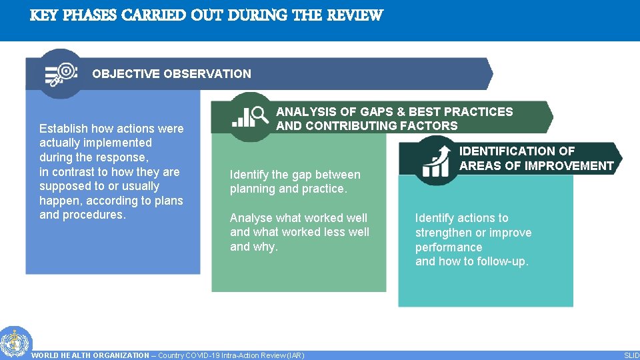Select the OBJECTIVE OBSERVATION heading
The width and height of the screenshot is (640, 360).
[171, 74]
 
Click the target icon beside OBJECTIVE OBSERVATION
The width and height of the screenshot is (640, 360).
[61, 73]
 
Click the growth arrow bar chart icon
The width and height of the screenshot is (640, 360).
[436, 160]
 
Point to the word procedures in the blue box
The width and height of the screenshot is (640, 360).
[93, 215]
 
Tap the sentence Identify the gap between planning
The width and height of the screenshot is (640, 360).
[295, 181]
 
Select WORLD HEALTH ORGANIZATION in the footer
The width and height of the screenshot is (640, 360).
[91, 355]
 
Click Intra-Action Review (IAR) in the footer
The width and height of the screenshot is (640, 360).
[265, 355]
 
